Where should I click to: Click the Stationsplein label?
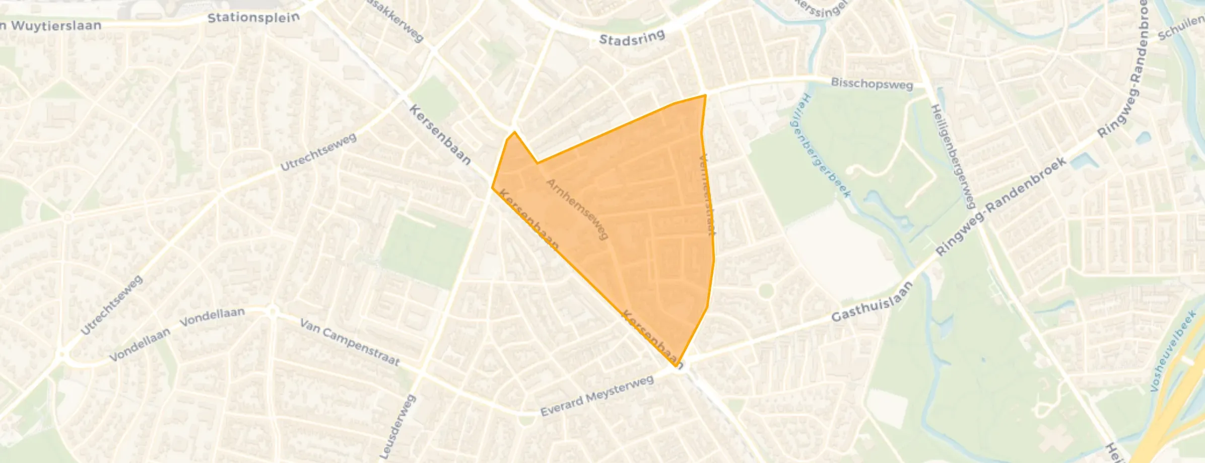pyautogui.click(x=253, y=18)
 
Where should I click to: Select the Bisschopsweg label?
pyautogui.click(x=872, y=84)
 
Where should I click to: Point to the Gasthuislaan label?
pyautogui.click(x=872, y=302)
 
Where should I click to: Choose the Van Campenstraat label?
pyautogui.click(x=350, y=342)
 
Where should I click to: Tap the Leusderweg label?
pyautogui.click(x=397, y=427)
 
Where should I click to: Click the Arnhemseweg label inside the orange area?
pyautogui.click(x=578, y=209)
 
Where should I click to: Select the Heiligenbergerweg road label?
pyautogui.click(x=952, y=156)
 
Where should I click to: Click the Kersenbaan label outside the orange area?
pyautogui.click(x=439, y=135)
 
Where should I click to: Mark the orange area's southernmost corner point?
pyautogui.click(x=676, y=366)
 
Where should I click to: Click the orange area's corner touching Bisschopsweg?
pyautogui.click(x=705, y=95)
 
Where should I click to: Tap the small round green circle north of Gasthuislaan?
pyautogui.click(x=766, y=290)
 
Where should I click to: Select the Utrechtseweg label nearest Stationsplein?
pyautogui.click(x=318, y=152)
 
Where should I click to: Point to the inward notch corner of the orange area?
pyautogui.click(x=537, y=163)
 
